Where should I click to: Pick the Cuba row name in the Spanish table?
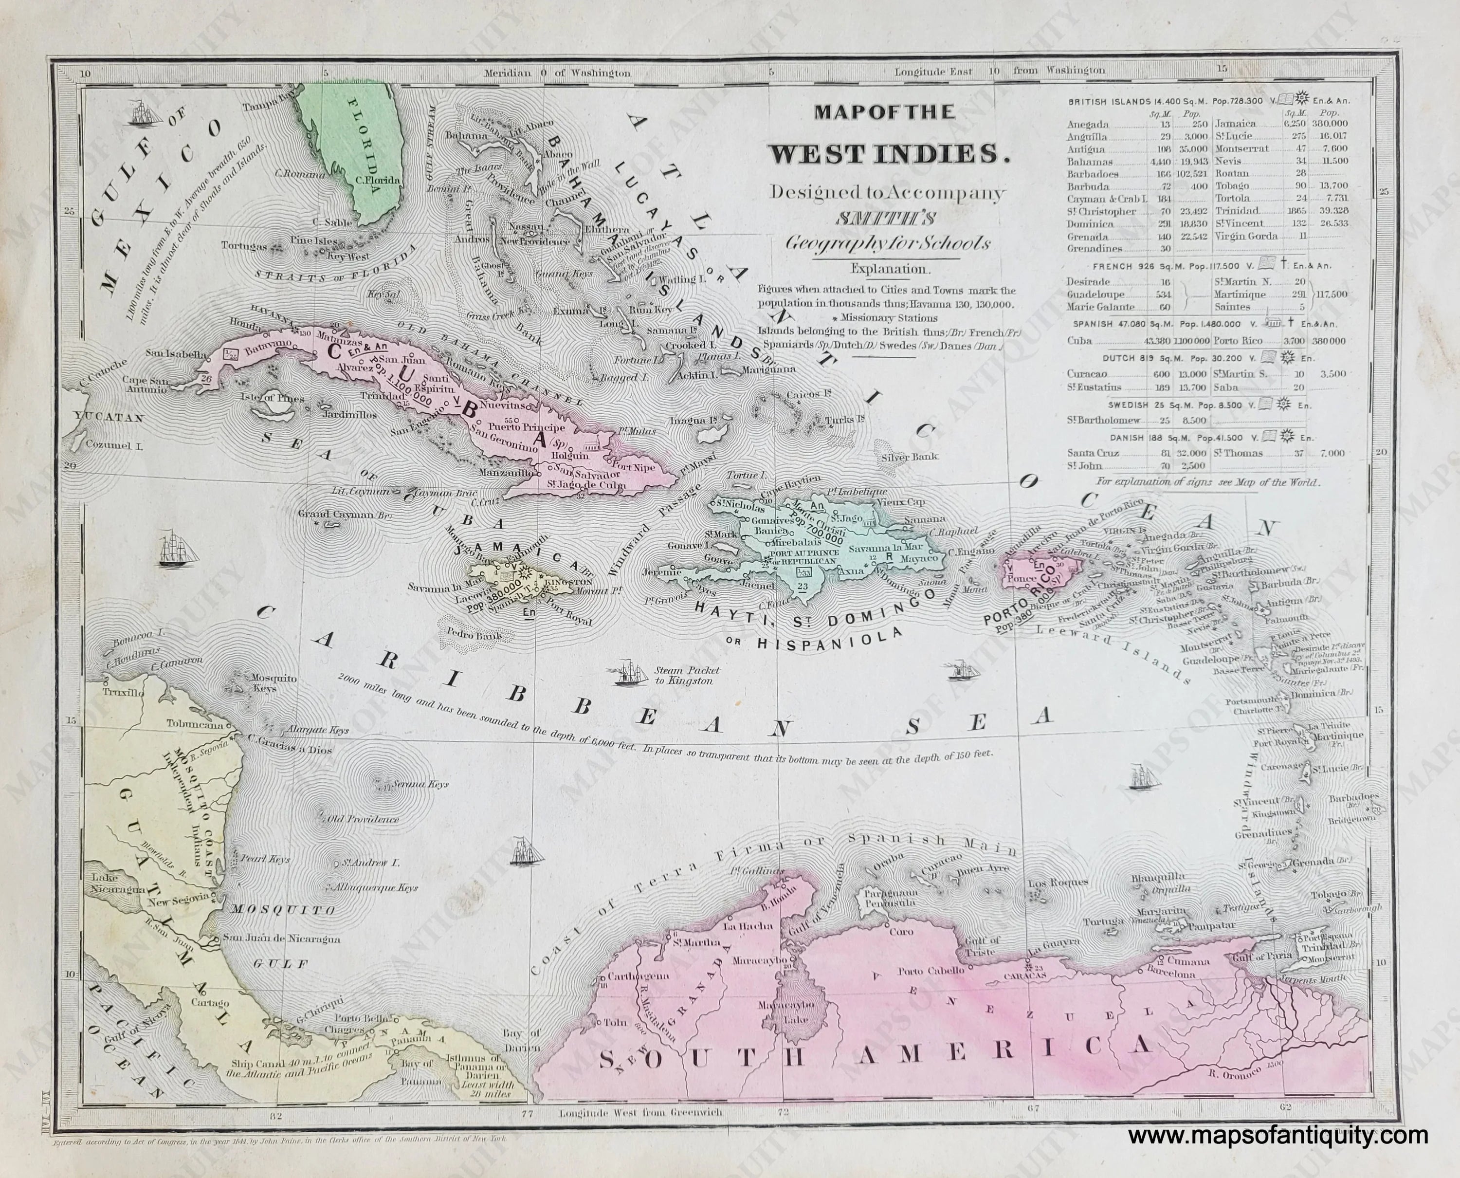[x=1079, y=341]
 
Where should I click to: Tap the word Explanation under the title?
[x=888, y=269]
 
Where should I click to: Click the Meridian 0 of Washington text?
[x=556, y=73]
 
